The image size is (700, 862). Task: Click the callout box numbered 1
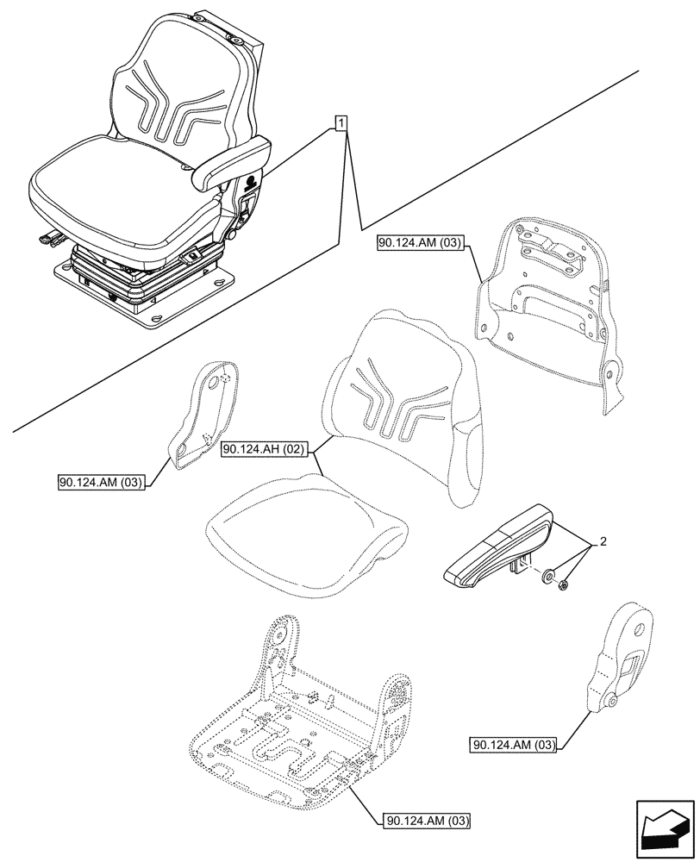point(343,123)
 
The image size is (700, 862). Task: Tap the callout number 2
point(603,542)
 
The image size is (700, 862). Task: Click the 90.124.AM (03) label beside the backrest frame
point(420,245)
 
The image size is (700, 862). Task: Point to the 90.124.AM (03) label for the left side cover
point(102,481)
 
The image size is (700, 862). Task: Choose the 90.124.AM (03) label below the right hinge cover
point(514,744)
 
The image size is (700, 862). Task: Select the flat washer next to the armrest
point(548,576)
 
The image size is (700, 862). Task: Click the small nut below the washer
point(563,587)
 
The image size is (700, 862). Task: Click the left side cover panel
point(204,414)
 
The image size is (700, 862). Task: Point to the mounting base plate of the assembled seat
point(147,294)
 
